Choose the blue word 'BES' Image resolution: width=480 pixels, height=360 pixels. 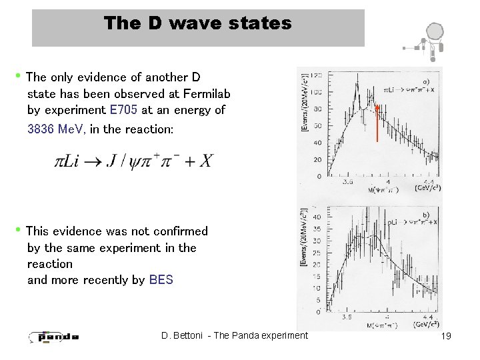[x=161, y=280]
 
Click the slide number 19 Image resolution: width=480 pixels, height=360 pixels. [x=446, y=336]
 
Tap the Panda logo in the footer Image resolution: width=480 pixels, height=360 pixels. [x=54, y=336]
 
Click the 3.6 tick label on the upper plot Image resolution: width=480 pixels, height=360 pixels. [x=347, y=181]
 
